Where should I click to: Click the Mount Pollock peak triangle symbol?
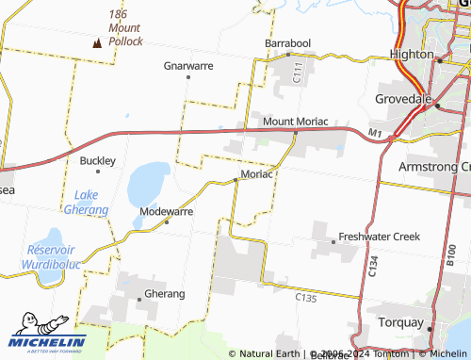96,42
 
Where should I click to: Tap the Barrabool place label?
287,43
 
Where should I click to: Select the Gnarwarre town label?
188,66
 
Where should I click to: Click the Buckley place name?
97,161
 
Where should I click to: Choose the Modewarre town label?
166,212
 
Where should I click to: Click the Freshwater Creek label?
379,237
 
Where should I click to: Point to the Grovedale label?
404,98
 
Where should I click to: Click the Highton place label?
412,55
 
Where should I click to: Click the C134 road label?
372,265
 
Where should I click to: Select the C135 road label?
305,298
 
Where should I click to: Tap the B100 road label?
450,255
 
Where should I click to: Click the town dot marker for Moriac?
235,180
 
